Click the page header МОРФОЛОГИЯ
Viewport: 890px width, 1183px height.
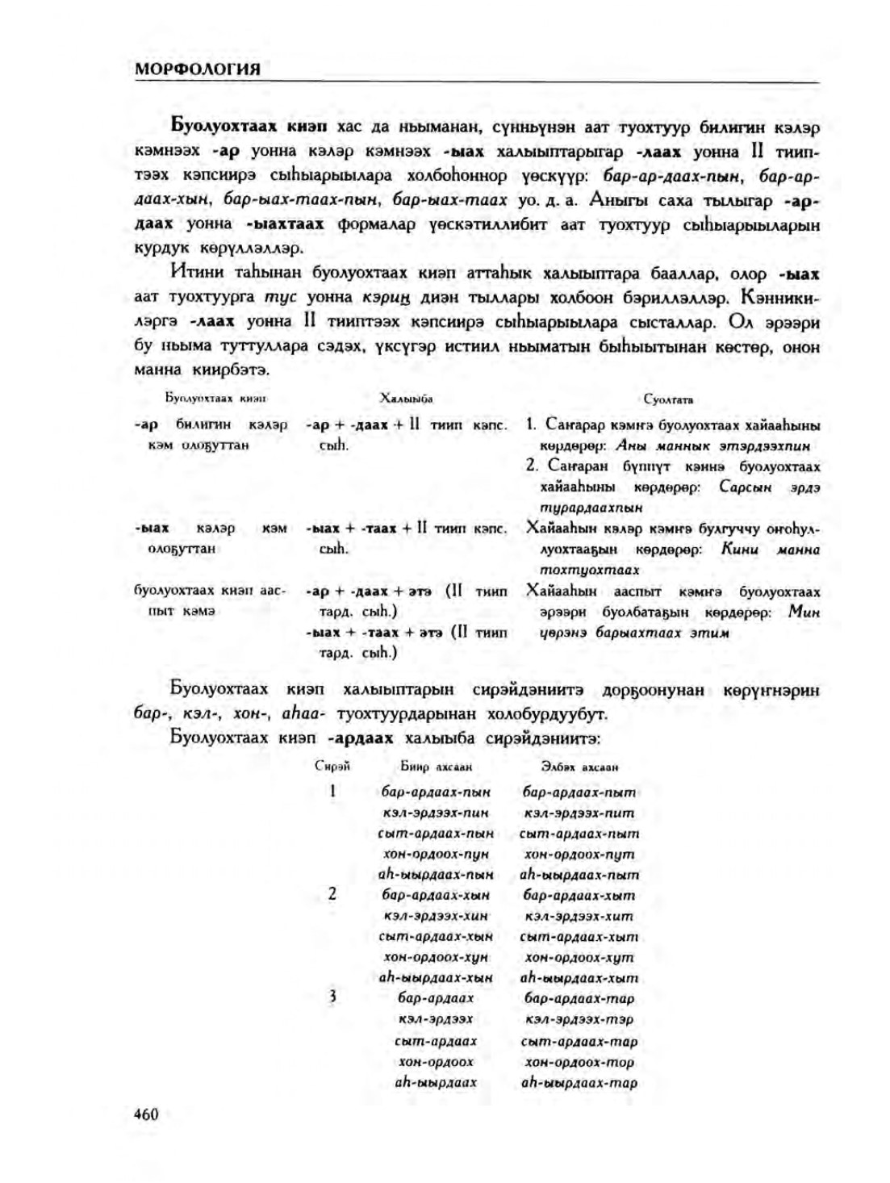[197, 69]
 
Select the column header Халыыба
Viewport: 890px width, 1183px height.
[407, 399]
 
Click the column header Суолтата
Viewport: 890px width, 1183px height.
[668, 399]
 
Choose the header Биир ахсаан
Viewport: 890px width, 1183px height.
[436, 767]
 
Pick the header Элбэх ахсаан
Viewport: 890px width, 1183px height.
[579, 767]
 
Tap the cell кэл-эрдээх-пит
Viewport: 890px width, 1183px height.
[579, 813]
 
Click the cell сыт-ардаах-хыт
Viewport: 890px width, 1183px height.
[579, 937]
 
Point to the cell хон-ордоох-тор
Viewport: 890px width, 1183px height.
[579, 1062]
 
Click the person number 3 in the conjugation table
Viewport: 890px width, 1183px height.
[332, 997]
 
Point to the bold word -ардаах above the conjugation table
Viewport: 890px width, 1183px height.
[361, 738]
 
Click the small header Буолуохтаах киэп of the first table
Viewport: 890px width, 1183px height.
[215, 399]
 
